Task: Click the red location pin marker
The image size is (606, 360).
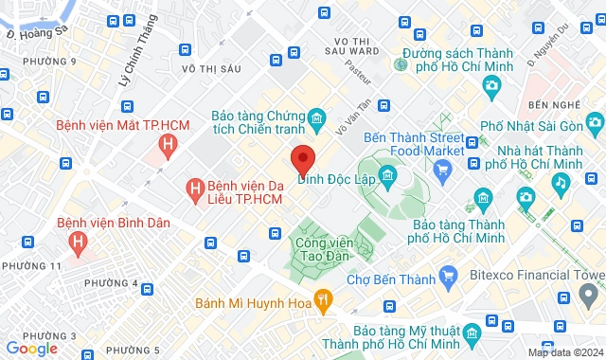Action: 302,158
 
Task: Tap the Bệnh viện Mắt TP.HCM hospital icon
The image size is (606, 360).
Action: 168,144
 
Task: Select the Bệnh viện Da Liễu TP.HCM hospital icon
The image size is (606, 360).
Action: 195,189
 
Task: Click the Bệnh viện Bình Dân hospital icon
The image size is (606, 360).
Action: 80,241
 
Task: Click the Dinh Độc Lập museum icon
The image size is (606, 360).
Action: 387,175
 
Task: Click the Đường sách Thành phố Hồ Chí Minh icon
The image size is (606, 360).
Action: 401,63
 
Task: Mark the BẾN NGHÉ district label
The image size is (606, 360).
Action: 552,103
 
